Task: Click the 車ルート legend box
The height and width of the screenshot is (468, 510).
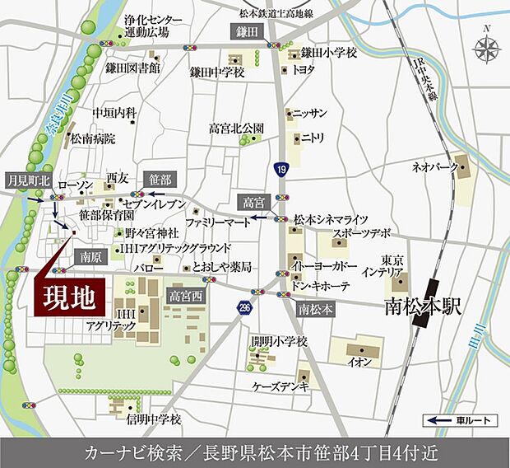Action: [x=461, y=421]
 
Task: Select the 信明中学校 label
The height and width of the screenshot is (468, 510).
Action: [x=153, y=419]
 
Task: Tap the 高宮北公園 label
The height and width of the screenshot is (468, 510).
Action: [x=236, y=129]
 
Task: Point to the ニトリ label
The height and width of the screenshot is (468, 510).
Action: [x=314, y=138]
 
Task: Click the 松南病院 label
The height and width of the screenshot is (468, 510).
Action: [x=93, y=138]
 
